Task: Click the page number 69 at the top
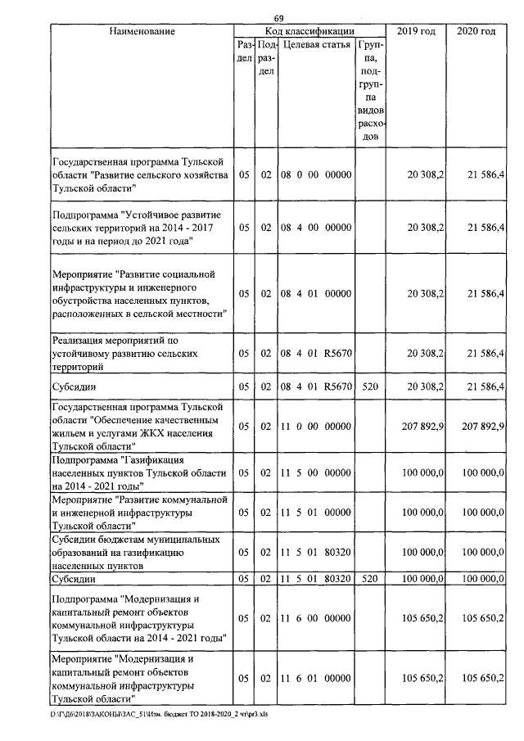pyautogui.click(x=278, y=19)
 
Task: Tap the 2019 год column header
pyautogui.click(x=415, y=31)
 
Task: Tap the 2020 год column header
pyautogui.click(x=476, y=31)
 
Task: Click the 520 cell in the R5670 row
pyautogui.click(x=370, y=386)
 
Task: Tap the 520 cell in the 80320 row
pyautogui.click(x=370, y=579)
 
